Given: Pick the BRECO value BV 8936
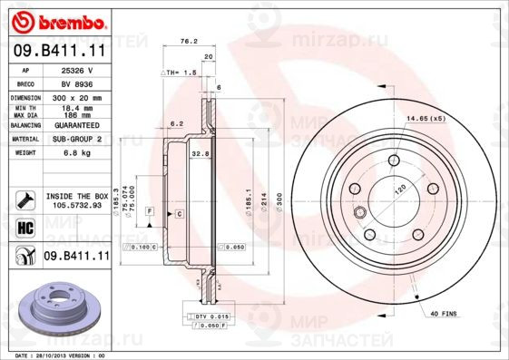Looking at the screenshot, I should point(83,82).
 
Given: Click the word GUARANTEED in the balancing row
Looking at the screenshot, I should point(83,126).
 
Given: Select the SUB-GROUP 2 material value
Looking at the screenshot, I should point(83,139).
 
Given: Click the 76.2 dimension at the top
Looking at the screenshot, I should point(188,42).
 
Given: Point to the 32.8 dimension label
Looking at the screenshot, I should point(201,154).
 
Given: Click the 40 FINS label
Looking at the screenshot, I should point(444,314).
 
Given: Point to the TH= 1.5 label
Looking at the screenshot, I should point(181,71).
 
